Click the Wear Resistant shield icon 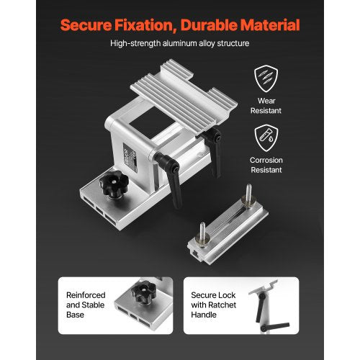(x=266, y=78)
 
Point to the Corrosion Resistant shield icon (x=266, y=138)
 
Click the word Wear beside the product (x=266, y=101)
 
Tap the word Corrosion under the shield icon (x=266, y=160)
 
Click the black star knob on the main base (x=114, y=184)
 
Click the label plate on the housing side (x=130, y=157)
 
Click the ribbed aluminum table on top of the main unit (x=184, y=96)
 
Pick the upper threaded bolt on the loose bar (x=248, y=195)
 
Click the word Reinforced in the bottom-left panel (x=86, y=295)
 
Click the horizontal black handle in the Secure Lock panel (x=275, y=327)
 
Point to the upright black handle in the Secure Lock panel (x=261, y=307)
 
